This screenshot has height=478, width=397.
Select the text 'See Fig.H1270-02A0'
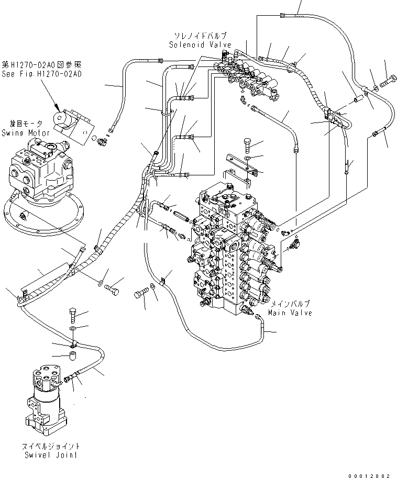tap(41, 74)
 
